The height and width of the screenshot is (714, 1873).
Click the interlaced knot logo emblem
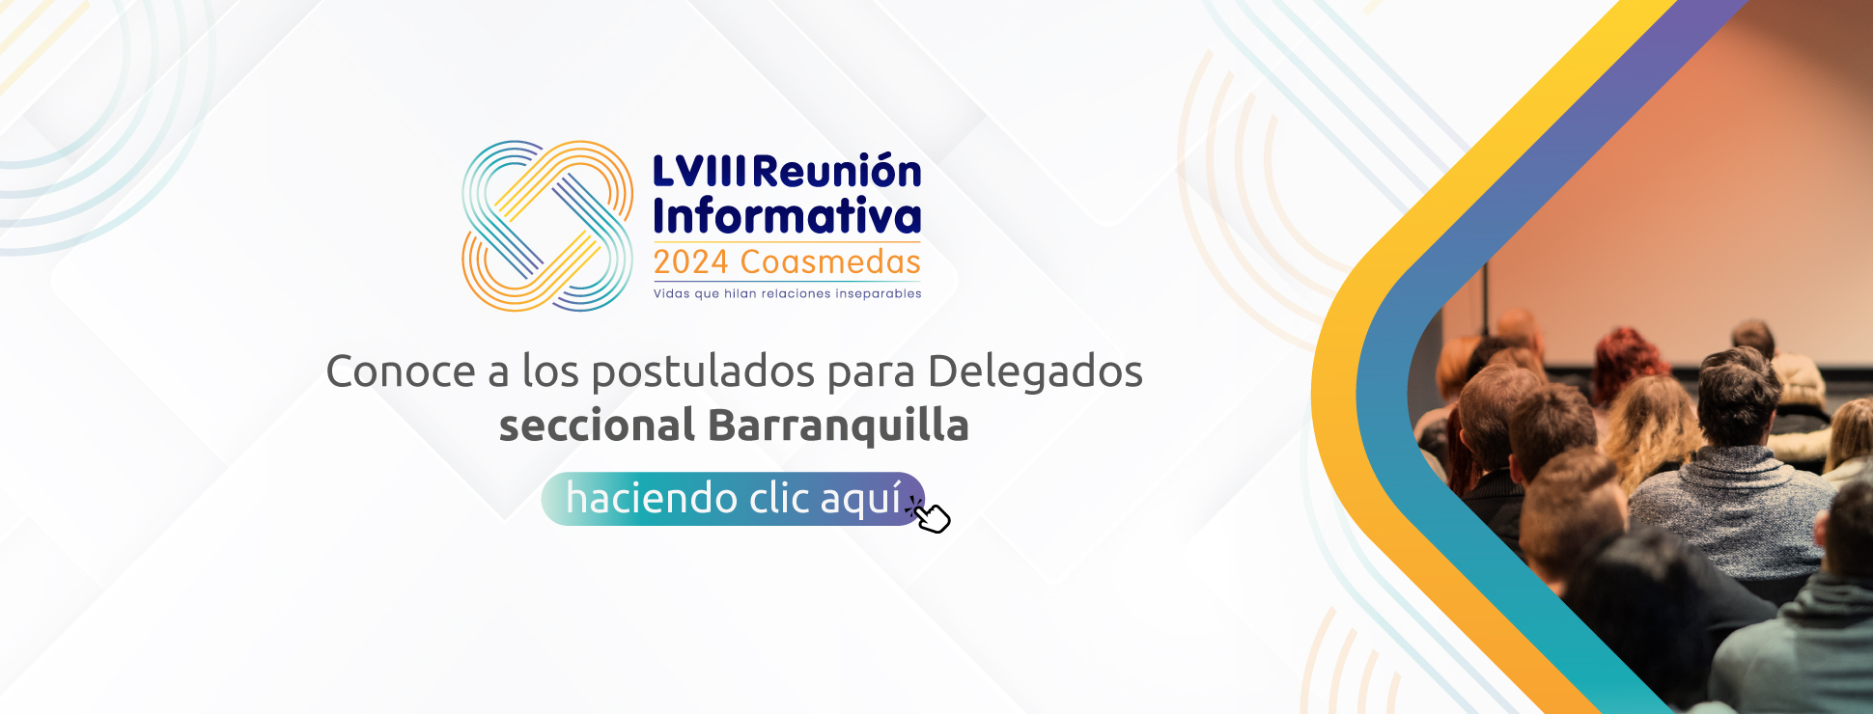(x=547, y=226)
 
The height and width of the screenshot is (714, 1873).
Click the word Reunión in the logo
(x=837, y=171)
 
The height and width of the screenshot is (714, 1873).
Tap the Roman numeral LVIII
(x=700, y=172)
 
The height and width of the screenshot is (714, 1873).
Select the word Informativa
(x=788, y=216)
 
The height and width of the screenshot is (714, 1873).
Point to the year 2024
(x=690, y=262)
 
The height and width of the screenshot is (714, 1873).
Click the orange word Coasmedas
(x=830, y=262)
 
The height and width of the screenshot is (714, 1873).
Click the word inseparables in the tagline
(x=879, y=293)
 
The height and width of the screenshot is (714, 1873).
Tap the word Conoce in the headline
(x=401, y=371)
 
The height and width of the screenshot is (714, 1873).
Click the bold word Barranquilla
(x=838, y=426)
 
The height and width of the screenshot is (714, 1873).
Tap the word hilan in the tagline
(x=741, y=293)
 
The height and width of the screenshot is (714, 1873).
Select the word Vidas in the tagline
(x=672, y=293)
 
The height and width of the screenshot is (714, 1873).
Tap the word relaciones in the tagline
(x=796, y=293)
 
